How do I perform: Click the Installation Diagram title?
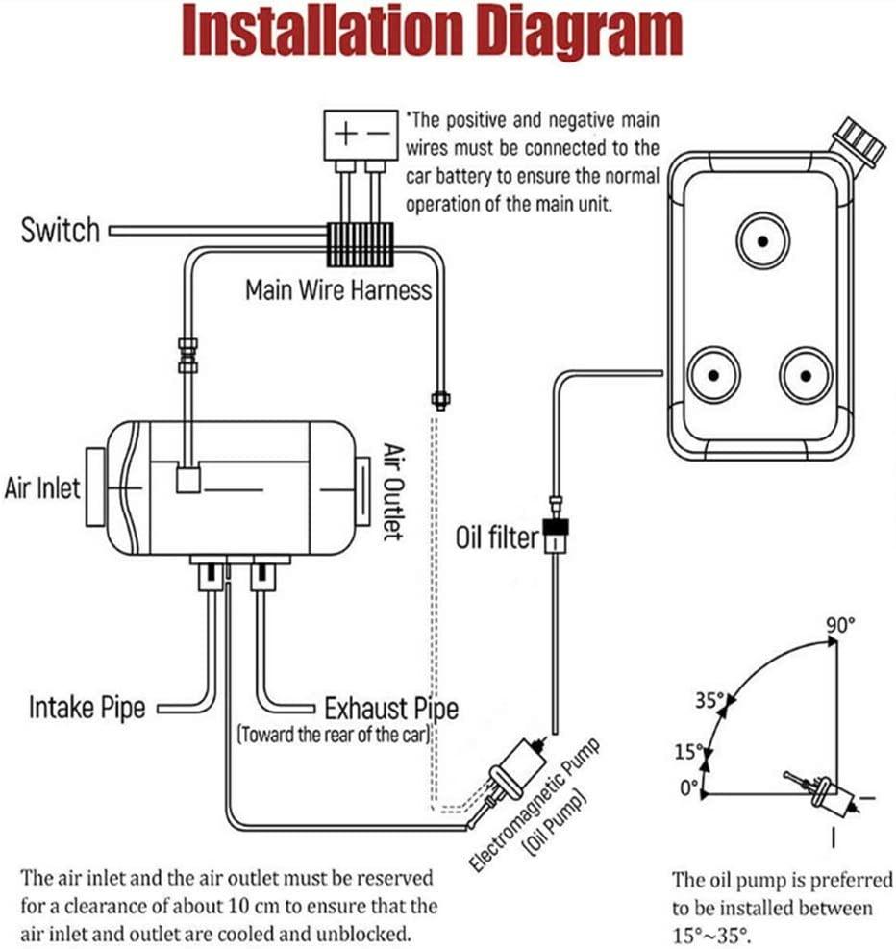point(432,33)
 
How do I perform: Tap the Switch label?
point(60,231)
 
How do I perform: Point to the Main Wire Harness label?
point(337,289)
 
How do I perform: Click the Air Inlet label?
point(42,488)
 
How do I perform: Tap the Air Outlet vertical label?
point(392,491)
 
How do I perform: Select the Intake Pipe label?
point(87,709)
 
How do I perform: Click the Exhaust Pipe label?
point(390,710)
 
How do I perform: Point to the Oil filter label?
point(497,537)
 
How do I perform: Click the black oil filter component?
point(557,530)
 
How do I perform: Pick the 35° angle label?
point(709,700)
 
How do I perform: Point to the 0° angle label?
point(689,787)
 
